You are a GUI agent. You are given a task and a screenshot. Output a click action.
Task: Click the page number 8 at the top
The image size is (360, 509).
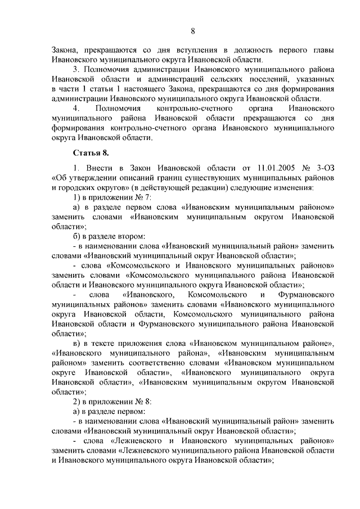(x=192, y=30)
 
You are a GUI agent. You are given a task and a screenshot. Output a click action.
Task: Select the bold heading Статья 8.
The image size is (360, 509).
(x=89, y=152)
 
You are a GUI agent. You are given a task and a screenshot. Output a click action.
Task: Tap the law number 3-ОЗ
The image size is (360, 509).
(x=323, y=167)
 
